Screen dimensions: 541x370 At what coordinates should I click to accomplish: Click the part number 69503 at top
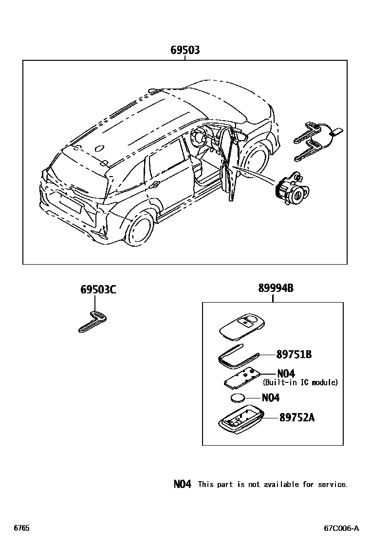coord(185,50)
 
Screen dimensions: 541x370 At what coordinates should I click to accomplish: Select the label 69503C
coord(98,290)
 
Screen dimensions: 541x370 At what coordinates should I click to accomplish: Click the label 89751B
coord(294,355)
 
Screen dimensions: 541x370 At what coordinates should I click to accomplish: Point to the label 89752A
coord(296,417)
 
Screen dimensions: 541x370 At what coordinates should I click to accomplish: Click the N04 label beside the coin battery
coord(271,397)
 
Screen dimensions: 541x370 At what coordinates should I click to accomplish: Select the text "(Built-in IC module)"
coord(300,382)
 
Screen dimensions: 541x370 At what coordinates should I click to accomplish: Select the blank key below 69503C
coord(92,323)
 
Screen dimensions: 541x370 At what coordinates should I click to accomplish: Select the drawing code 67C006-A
coord(341,528)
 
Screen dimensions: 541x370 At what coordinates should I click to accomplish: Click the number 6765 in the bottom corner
coord(21,528)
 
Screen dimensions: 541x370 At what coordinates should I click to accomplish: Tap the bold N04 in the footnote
coord(182,484)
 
